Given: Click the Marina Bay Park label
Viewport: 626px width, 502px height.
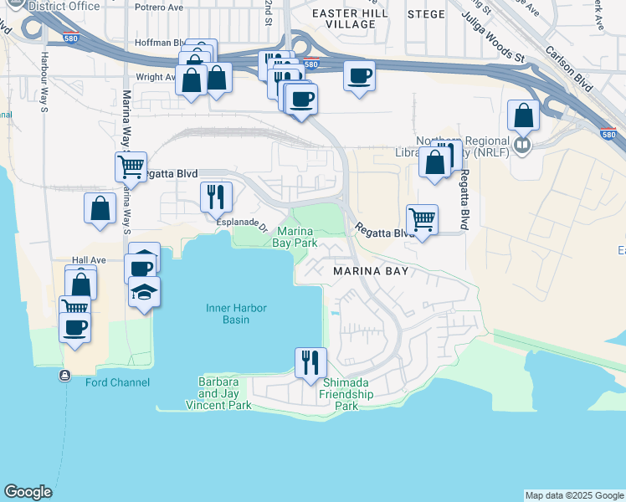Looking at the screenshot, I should click(296, 237).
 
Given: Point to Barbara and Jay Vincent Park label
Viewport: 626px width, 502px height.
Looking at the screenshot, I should click(224, 394).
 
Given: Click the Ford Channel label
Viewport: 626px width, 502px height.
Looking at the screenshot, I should click(117, 382).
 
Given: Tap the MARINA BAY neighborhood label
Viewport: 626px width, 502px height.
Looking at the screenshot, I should click(371, 272).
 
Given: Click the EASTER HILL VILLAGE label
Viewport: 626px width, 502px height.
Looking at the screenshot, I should click(343, 18).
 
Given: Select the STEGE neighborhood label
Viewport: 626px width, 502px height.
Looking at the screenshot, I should click(426, 13).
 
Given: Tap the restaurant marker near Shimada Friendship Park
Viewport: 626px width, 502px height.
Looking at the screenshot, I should click(310, 362).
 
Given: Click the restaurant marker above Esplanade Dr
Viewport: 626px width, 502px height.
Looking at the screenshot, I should click(216, 197).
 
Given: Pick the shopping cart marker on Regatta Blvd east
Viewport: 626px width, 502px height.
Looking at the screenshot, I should click(423, 220).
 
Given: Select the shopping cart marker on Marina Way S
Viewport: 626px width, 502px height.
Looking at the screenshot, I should click(131, 166).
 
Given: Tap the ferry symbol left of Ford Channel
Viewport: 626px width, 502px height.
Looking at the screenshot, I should click(64, 376).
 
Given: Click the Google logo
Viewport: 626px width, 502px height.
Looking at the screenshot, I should click(28, 492).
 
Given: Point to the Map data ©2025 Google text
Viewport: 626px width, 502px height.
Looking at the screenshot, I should click(574, 495).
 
